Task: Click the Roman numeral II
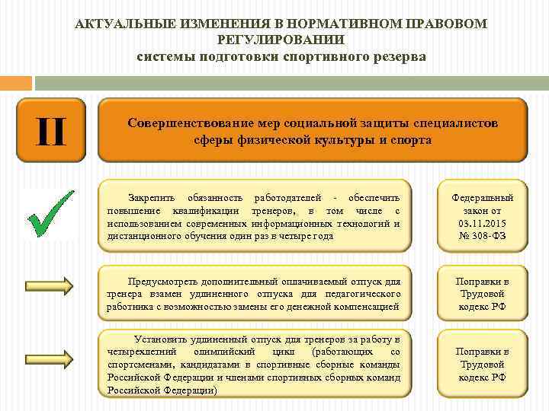pos(50,130)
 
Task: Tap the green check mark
pos(50,211)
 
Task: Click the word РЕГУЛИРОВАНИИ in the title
pos(281,40)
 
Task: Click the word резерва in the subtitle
pos(396,56)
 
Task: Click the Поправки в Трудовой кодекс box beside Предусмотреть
pos(483,294)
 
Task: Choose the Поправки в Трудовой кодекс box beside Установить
pos(483,364)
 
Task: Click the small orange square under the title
pos(16,82)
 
